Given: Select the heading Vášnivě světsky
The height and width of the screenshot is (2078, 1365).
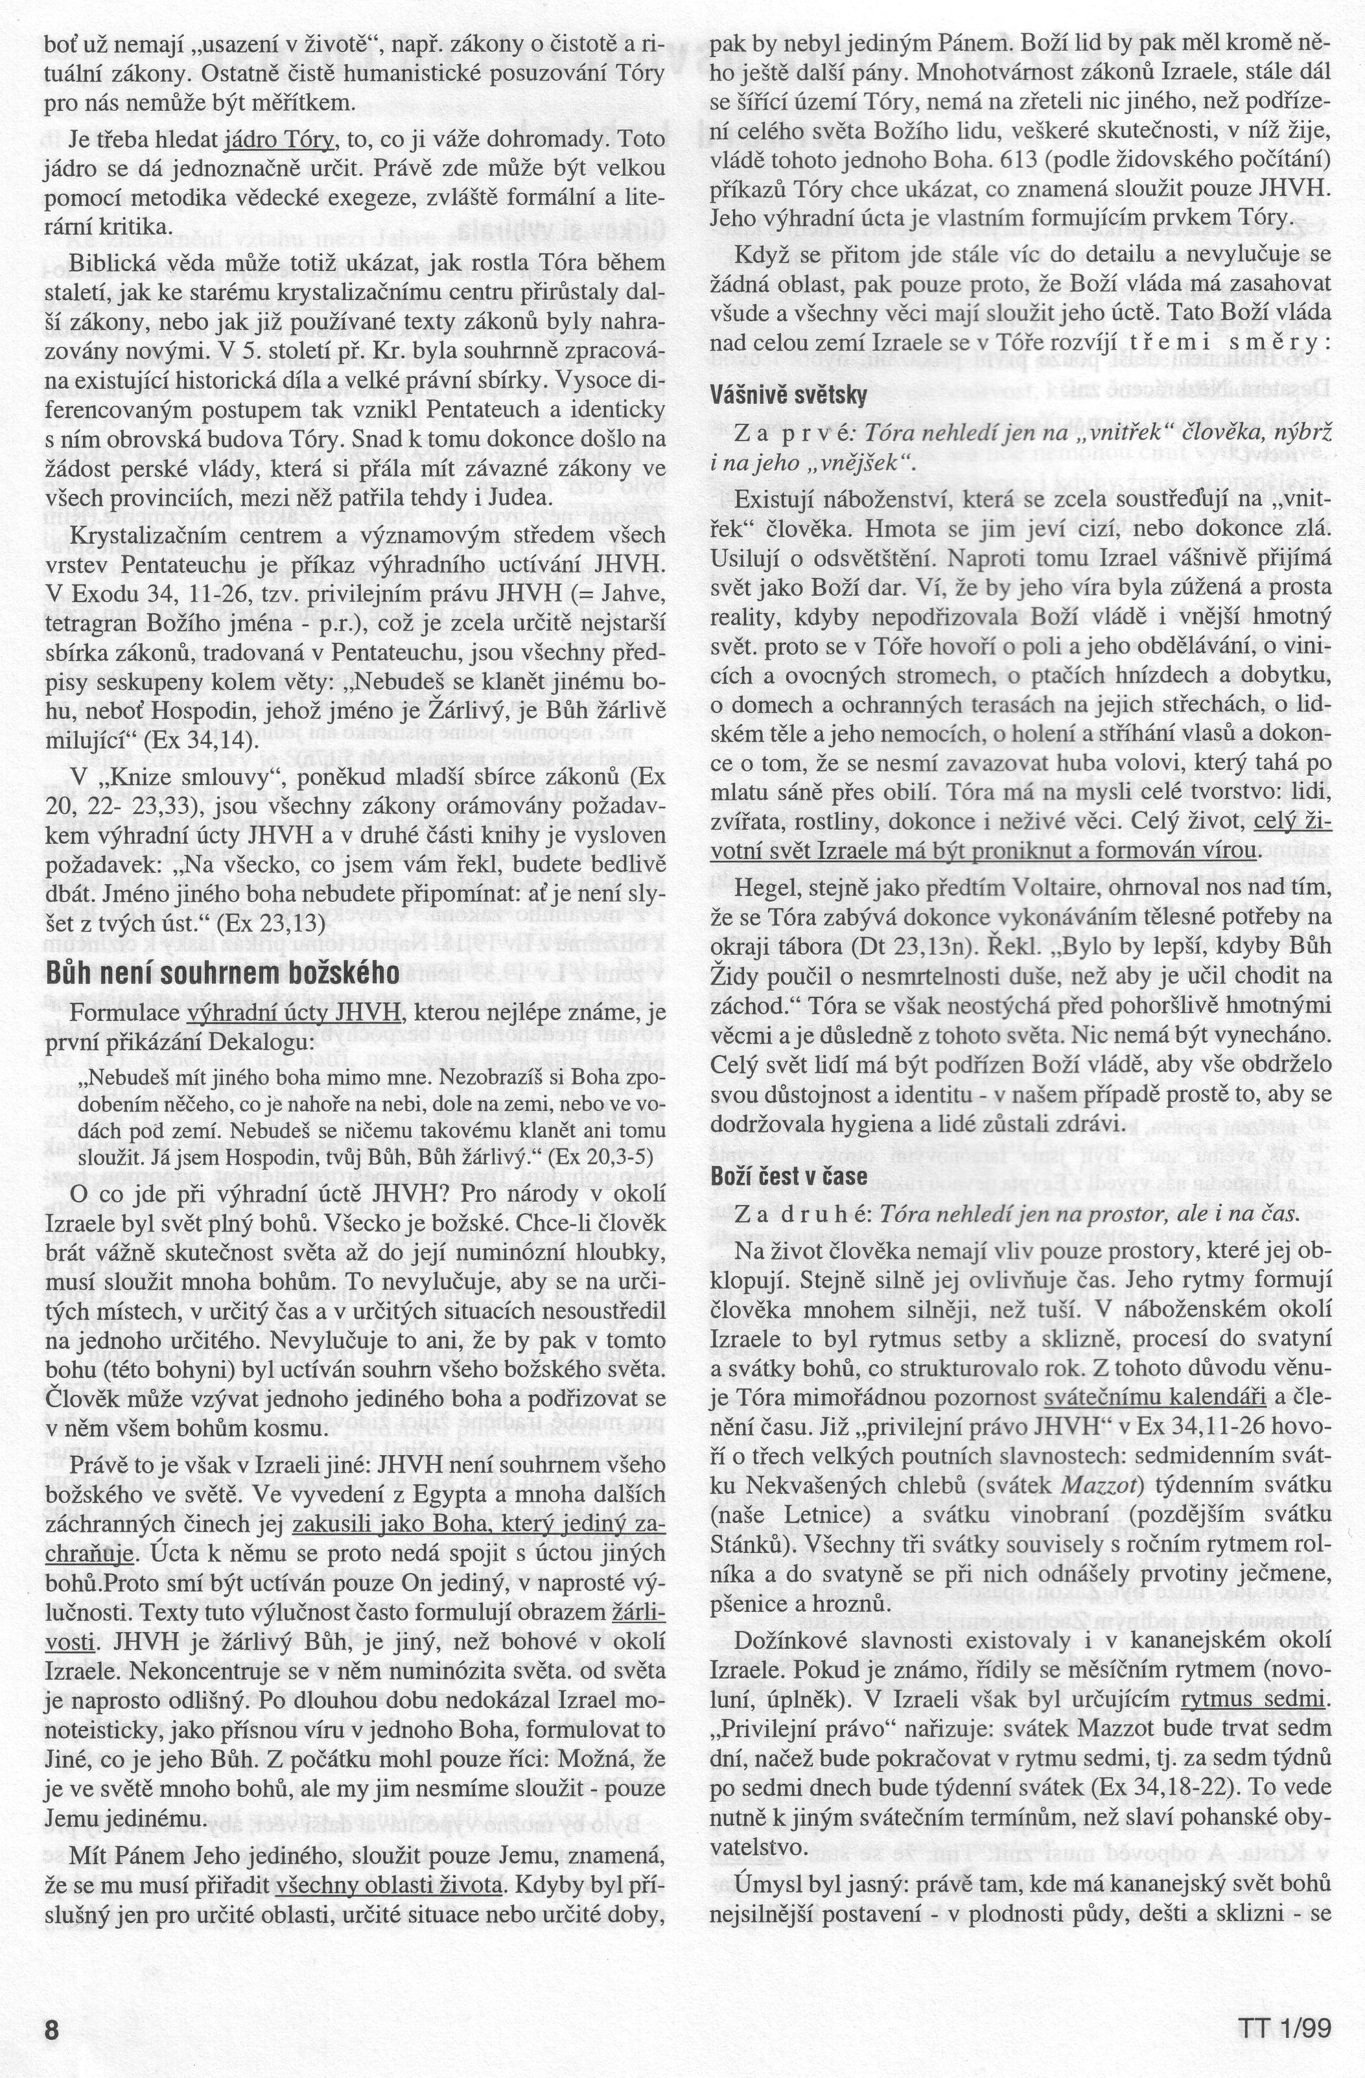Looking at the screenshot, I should pyautogui.click(x=789, y=395).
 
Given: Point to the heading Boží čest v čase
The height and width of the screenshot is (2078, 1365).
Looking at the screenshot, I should pyautogui.click(x=789, y=1176).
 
